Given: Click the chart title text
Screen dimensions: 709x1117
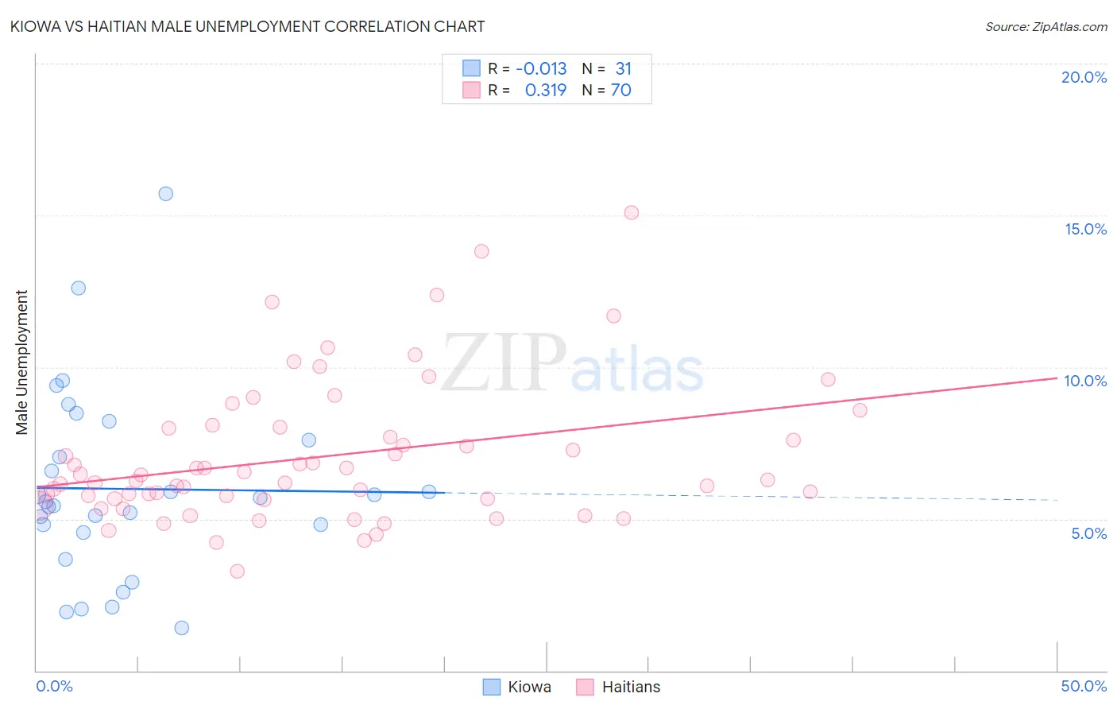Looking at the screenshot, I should pyautogui.click(x=247, y=26).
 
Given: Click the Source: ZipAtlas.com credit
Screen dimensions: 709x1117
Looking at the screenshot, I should pyautogui.click(x=1045, y=26).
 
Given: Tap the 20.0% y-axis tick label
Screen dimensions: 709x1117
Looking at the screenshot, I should pyautogui.click(x=1084, y=77).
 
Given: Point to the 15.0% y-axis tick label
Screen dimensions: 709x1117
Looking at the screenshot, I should pyautogui.click(x=1085, y=229).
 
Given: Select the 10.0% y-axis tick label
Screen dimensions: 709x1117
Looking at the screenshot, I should pyautogui.click(x=1085, y=381).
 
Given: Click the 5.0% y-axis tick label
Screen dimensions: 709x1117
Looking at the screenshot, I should pyautogui.click(x=1088, y=533).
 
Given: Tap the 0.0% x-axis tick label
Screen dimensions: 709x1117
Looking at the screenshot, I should pyautogui.click(x=54, y=686).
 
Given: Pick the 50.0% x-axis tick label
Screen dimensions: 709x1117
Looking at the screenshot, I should pyautogui.click(x=1084, y=686).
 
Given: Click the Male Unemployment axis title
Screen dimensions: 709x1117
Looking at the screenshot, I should pyautogui.click(x=21, y=362).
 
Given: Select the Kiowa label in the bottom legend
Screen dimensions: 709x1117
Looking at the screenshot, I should pyautogui.click(x=529, y=687).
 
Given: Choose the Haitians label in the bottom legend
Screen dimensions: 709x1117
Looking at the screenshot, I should pyautogui.click(x=631, y=687).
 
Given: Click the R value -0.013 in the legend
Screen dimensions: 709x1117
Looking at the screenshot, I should pyautogui.click(x=541, y=69).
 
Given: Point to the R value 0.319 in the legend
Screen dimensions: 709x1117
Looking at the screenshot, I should pyautogui.click(x=546, y=91).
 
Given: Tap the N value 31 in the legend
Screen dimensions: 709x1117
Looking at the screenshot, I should pyautogui.click(x=623, y=69).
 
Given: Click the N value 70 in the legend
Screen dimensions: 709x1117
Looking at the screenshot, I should pyautogui.click(x=620, y=91).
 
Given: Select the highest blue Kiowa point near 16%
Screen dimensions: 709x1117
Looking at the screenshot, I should pyautogui.click(x=165, y=194).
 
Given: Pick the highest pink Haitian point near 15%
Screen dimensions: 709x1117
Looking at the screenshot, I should pyautogui.click(x=632, y=212).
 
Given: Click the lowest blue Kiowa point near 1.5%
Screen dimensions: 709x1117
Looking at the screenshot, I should pyautogui.click(x=181, y=628).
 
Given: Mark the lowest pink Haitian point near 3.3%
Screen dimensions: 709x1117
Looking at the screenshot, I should pyautogui.click(x=237, y=571).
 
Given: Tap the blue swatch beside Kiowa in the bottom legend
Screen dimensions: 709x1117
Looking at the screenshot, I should pyautogui.click(x=492, y=687).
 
